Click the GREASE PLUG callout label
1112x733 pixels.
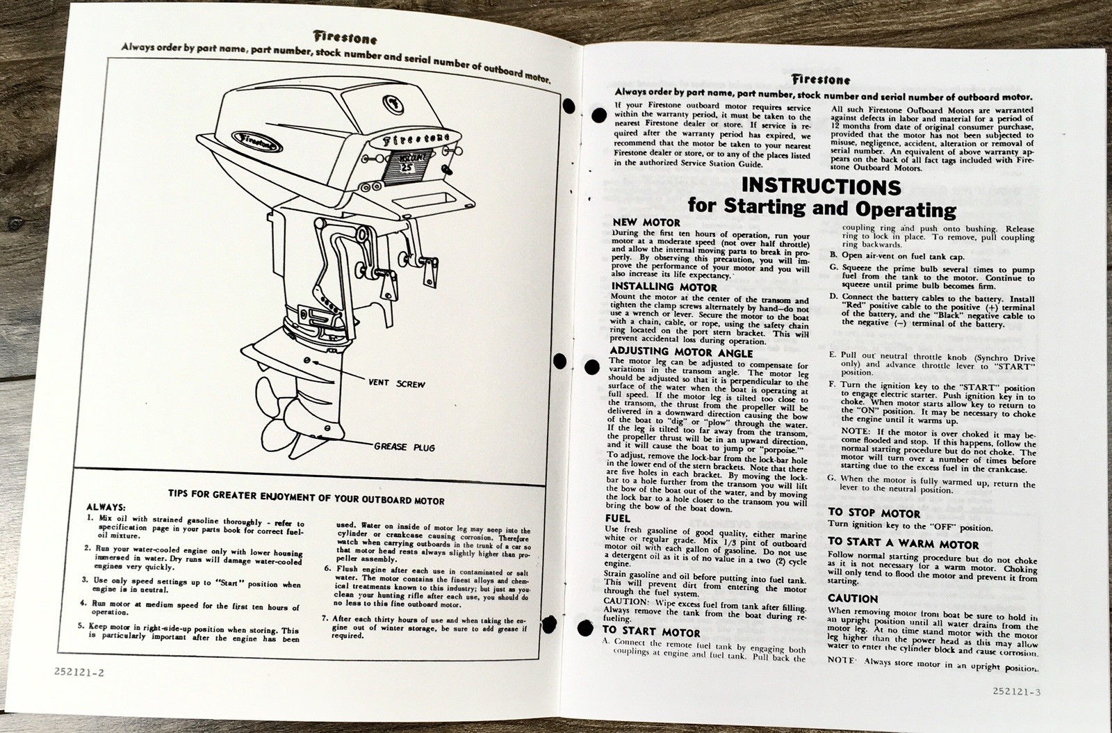404,446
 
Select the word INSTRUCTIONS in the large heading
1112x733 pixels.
821,186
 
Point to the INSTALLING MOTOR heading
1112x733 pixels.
664,286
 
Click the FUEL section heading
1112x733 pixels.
618,518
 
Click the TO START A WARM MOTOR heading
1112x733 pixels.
903,545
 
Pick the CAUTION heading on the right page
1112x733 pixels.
853,598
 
